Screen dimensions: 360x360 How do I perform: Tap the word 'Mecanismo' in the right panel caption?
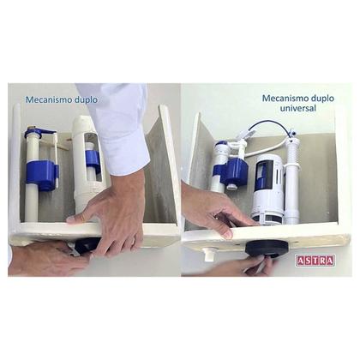281,99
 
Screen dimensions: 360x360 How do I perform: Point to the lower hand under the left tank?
43,257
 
